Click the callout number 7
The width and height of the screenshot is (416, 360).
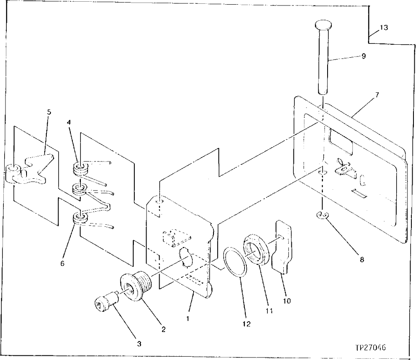[x=377, y=95]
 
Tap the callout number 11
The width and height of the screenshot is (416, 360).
[x=269, y=311]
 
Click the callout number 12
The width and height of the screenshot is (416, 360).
[x=246, y=324]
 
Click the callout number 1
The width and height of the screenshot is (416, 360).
[x=189, y=319]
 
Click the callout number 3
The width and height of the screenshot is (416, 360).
[x=139, y=344]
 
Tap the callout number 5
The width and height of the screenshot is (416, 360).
[x=48, y=112]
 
